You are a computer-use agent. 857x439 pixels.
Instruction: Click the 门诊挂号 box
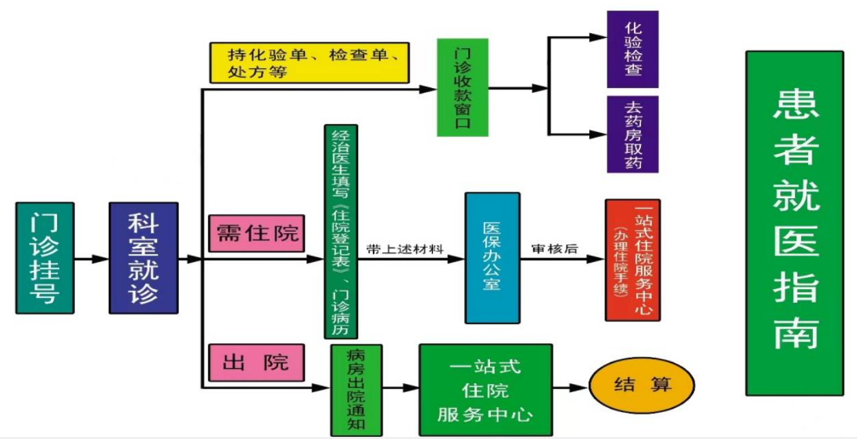45,258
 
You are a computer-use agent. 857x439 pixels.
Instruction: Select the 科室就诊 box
143,258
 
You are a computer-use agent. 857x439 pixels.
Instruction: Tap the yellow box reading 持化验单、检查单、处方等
309,63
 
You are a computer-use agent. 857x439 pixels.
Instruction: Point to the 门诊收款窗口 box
463,87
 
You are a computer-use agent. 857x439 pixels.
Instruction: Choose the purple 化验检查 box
633,49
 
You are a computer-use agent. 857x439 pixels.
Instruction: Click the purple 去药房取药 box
633,134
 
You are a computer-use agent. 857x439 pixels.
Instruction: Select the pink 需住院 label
257,233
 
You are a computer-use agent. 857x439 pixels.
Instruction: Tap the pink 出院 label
256,363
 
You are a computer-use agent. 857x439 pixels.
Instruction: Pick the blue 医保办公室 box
491,257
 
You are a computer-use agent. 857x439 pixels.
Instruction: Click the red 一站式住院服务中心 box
633,259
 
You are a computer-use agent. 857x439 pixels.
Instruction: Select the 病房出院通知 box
356,389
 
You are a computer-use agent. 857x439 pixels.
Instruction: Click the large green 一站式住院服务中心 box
486,389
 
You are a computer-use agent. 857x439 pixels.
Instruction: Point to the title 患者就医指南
794,223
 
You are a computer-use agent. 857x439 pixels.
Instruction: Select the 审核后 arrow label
554,249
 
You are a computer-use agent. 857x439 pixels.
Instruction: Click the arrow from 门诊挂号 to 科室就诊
92,259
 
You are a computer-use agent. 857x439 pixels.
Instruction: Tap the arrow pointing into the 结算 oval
571,388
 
